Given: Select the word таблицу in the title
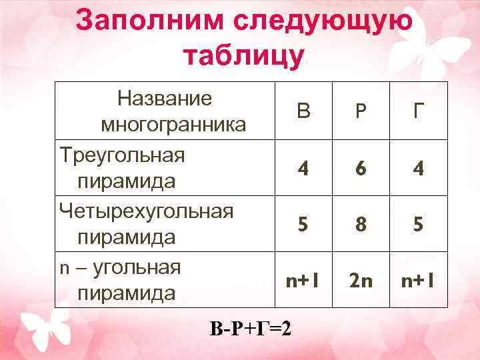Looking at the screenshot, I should coord(243,55).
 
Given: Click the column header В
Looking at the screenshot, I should coord(304,111).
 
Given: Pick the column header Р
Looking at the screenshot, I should coord(361,111).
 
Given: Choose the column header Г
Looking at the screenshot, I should coord(417,111).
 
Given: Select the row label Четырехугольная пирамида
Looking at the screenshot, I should coord(147,224).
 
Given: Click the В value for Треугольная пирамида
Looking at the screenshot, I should coord(304,168).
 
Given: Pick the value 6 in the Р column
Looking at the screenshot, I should coord(361,168).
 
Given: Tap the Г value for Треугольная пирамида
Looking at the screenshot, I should coord(417,168).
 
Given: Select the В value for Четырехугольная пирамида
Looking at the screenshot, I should coord(304,225).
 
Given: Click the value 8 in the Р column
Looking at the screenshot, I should coord(361,225).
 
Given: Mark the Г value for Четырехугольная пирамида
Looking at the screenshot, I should coord(417,225).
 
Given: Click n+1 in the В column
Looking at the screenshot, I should coord(304,281).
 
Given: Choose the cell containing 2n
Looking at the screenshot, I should coord(361,281).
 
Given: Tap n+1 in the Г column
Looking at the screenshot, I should coord(417,281).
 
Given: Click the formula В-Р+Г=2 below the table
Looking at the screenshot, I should coord(250,328).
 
